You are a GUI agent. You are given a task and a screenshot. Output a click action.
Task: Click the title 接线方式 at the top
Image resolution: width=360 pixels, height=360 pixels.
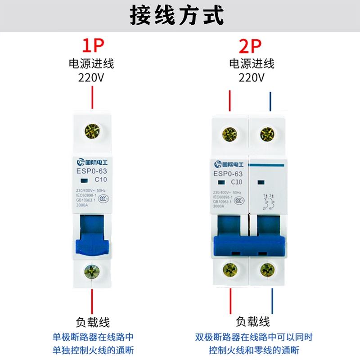[176, 16]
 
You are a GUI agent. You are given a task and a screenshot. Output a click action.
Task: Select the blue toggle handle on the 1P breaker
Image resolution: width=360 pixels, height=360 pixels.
[93, 236]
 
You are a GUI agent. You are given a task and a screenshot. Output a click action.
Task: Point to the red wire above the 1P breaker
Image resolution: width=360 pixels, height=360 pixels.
[92, 98]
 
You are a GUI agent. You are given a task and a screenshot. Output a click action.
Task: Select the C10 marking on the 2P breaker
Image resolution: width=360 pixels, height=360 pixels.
[237, 182]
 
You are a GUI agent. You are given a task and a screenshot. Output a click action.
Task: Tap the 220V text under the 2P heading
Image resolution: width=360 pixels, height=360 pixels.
[251, 77]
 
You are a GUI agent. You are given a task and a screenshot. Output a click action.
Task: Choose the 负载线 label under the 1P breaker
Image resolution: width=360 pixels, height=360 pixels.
[93, 322]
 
